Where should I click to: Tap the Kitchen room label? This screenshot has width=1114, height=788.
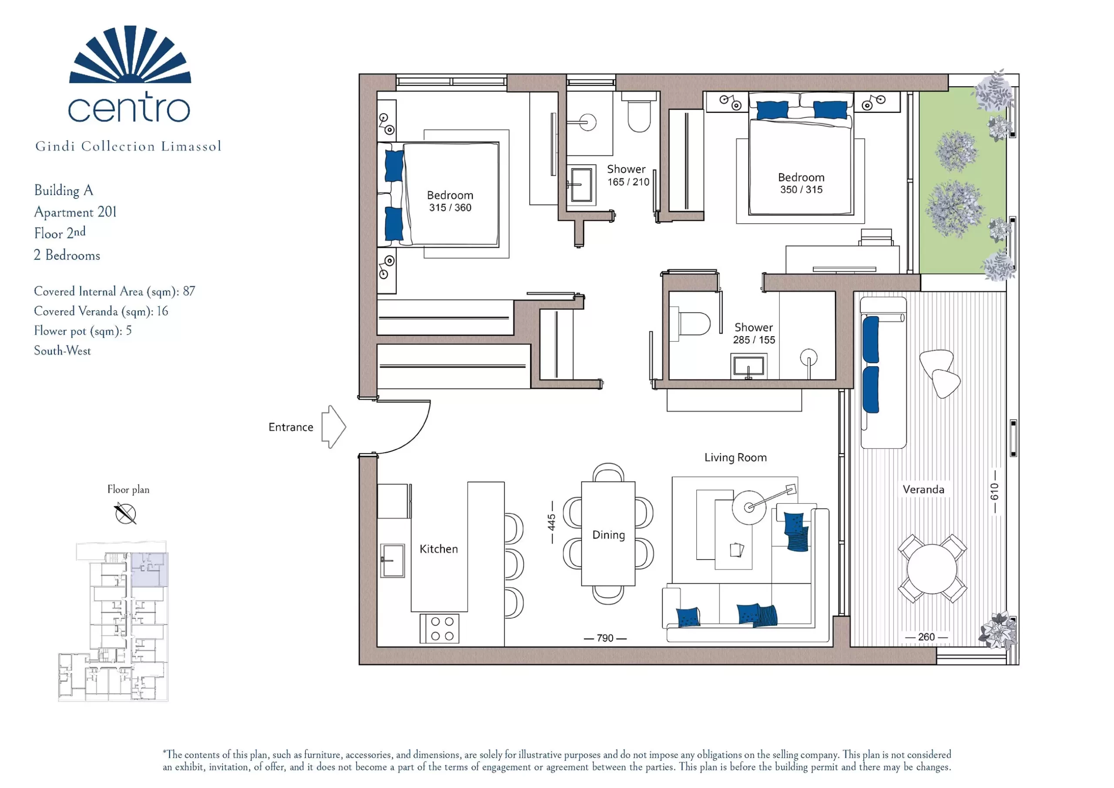click(439, 549)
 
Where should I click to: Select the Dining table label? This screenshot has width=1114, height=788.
click(608, 535)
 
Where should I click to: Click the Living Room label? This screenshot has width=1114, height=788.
click(735, 458)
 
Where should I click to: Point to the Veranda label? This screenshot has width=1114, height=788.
click(923, 489)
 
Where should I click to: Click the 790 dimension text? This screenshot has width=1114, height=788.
click(605, 638)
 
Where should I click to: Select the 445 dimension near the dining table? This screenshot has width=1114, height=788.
click(552, 522)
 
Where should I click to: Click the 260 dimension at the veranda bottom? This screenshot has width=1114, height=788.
click(926, 636)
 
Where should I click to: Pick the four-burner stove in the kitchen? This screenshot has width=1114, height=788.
click(440, 629)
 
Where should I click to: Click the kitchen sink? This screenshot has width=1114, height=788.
click(392, 560)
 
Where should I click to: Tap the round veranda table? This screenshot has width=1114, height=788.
click(932, 569)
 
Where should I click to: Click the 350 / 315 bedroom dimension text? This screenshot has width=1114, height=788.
click(801, 190)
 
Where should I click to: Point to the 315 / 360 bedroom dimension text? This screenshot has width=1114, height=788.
click(450, 208)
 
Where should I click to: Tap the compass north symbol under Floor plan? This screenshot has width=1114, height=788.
click(126, 514)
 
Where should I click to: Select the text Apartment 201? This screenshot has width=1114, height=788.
click(75, 212)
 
